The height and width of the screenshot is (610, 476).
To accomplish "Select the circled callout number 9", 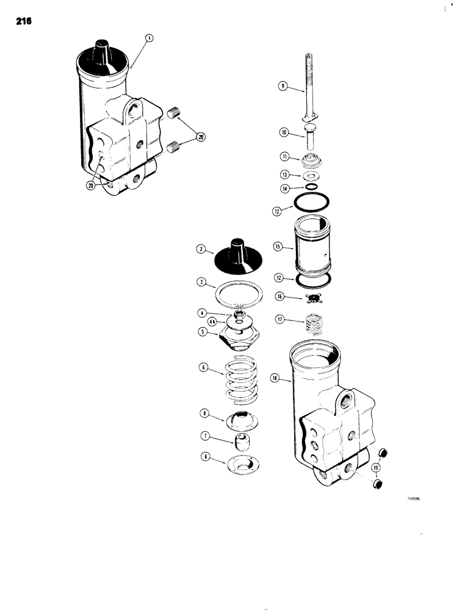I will coord(283,87).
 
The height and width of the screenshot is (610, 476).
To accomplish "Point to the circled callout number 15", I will coord(278,246).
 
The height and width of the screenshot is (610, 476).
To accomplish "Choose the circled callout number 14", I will coord(283,189).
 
